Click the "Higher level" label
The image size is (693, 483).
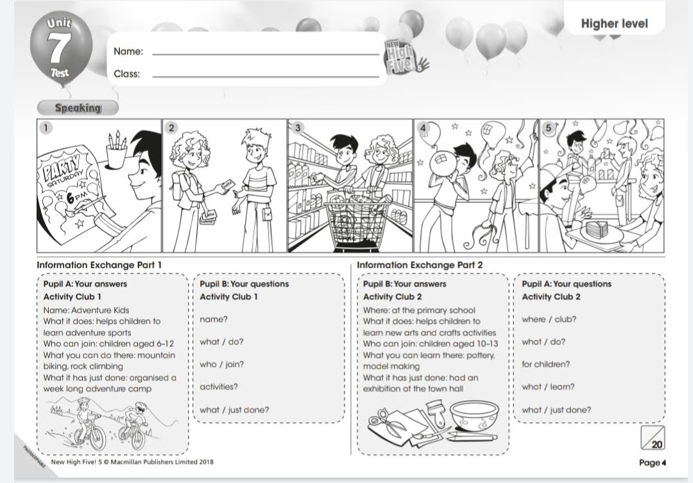[614, 24]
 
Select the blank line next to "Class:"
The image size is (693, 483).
[265, 76]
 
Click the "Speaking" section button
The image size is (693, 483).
[78, 108]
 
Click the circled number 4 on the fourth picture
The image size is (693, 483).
[423, 128]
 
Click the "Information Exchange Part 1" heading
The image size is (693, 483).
[99, 265]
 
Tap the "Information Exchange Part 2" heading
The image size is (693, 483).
[420, 265]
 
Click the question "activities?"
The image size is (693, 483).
[218, 387]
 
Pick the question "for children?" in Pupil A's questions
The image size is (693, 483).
[545, 364]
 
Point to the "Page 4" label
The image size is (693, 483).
[653, 462]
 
